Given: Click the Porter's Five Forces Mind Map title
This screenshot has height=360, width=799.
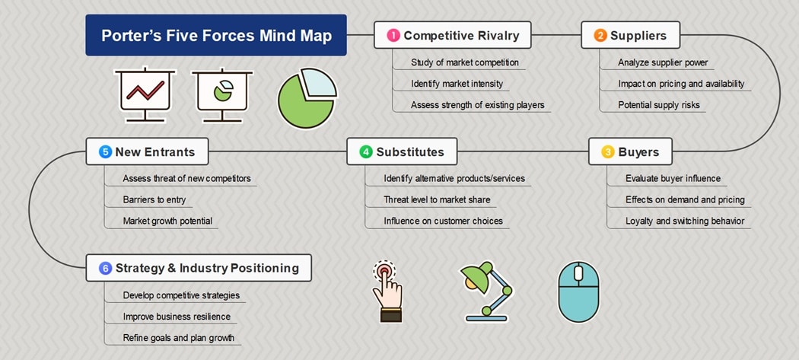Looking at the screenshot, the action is (x=216, y=35).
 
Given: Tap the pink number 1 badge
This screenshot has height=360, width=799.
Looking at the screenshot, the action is (x=393, y=35).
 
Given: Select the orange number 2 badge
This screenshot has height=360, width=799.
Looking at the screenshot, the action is (x=600, y=35).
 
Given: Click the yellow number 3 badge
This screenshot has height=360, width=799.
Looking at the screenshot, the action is (x=608, y=152).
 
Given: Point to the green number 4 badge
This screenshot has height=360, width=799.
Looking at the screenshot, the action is (x=366, y=152).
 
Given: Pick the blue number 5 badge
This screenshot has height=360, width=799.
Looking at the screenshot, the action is (x=105, y=152).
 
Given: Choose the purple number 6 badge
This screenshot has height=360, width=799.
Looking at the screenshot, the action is (x=105, y=268).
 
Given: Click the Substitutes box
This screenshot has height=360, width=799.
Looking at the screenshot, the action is (x=402, y=151).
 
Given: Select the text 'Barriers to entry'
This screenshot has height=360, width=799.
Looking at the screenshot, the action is (x=154, y=200).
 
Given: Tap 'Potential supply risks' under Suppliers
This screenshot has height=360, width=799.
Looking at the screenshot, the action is (x=659, y=105).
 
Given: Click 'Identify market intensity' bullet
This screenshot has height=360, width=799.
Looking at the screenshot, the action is (x=457, y=84).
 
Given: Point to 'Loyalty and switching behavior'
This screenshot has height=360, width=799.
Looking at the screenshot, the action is (x=685, y=221).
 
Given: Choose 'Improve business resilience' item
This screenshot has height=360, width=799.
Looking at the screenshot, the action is (x=177, y=317).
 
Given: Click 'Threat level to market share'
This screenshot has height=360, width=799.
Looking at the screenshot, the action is (x=438, y=200).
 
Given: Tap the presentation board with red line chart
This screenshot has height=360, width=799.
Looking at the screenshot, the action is (x=145, y=94).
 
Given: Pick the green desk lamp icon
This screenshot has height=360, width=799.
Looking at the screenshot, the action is (x=487, y=292).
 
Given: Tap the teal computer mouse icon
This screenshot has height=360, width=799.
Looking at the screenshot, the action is (x=578, y=292).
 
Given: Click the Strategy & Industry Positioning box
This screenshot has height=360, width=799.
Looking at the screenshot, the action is (x=199, y=268).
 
